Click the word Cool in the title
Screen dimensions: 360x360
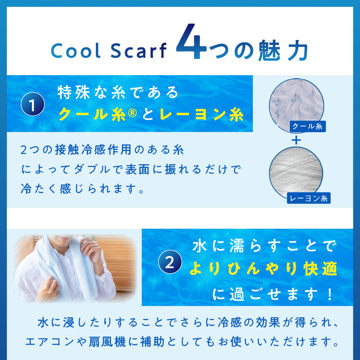pyautogui.click(x=76, y=51)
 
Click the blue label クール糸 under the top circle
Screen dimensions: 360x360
pyautogui.click(x=307, y=127)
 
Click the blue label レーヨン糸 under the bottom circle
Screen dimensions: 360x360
pyautogui.click(x=309, y=197)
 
